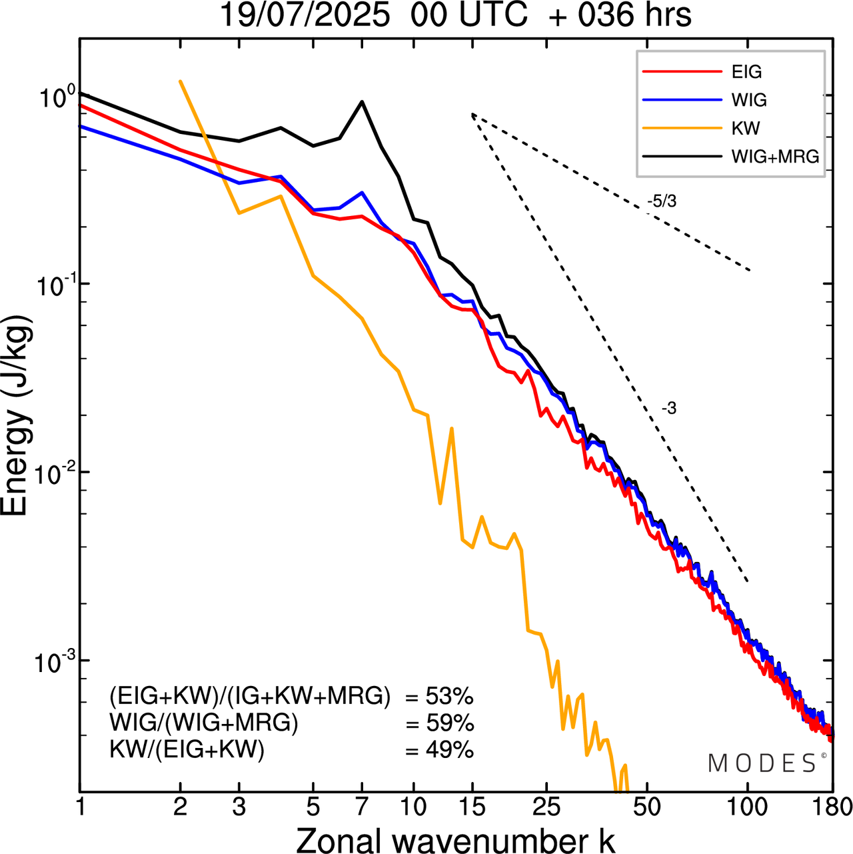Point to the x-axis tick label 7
tap(362, 807)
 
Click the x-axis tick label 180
tap(832, 807)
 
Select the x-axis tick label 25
tap(547, 807)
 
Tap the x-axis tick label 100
tap(747, 807)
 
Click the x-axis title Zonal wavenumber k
tap(456, 839)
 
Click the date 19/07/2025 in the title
tap(305, 15)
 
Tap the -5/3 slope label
tap(661, 201)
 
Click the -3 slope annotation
tap(668, 409)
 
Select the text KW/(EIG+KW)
tap(187, 750)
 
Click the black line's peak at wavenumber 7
tap(362, 102)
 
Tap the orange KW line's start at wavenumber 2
tap(180, 81)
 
